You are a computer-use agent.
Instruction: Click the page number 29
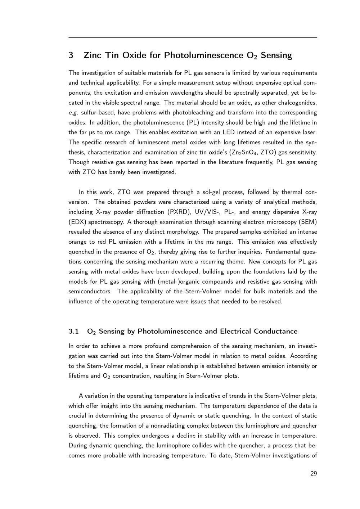[314, 473]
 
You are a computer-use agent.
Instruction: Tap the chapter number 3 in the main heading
[71, 55]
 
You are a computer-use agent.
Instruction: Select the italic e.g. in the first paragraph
[73, 113]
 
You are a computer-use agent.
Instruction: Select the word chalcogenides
[297, 103]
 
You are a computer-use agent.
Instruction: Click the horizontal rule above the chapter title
[193, 37]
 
